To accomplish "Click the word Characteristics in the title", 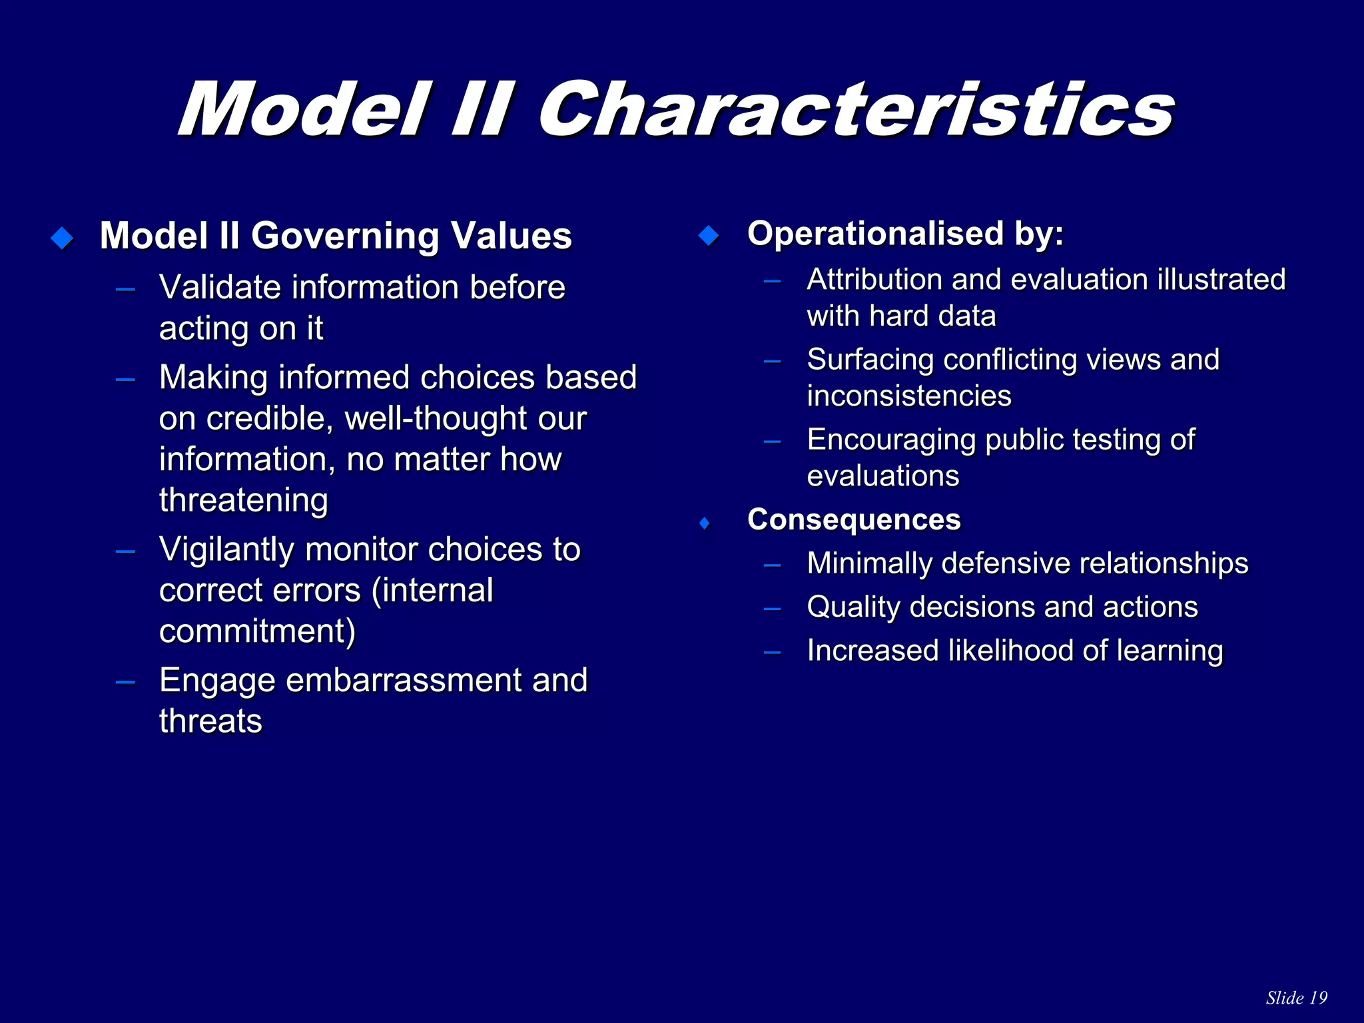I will point(856,110).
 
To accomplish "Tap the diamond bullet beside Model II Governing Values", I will point(62,238).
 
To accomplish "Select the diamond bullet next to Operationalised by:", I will point(709,235).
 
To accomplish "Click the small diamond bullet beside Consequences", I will point(705,523).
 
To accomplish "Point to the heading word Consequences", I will point(854,519).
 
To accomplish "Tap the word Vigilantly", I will point(226,550).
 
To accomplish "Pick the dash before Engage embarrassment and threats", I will point(125,682).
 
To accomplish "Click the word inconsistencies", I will point(909,396).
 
